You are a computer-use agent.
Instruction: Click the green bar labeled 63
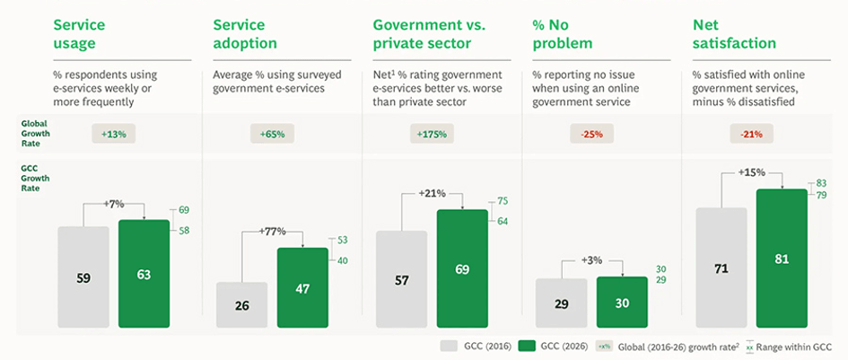pyautogui.click(x=144, y=274)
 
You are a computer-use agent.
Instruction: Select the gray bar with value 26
pyautogui.click(x=241, y=304)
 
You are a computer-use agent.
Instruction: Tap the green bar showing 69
pyautogui.click(x=462, y=268)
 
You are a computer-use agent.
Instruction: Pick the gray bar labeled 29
pyautogui.click(x=562, y=303)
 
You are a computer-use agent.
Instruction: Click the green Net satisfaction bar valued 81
pyautogui.click(x=782, y=259)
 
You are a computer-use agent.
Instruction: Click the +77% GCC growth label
pyautogui.click(x=273, y=232)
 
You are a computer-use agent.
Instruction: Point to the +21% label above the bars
pyautogui.click(x=433, y=194)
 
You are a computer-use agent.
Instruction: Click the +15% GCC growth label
pyautogui.click(x=752, y=172)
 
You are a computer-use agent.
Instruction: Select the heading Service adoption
pyautogui.click(x=245, y=33)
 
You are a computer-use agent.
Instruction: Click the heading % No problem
pyautogui.click(x=563, y=33)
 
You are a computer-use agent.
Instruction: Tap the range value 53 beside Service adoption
pyautogui.click(x=342, y=240)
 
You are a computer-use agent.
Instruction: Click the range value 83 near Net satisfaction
pyautogui.click(x=821, y=184)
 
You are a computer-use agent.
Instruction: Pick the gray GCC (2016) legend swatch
pyautogui.click(x=450, y=347)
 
